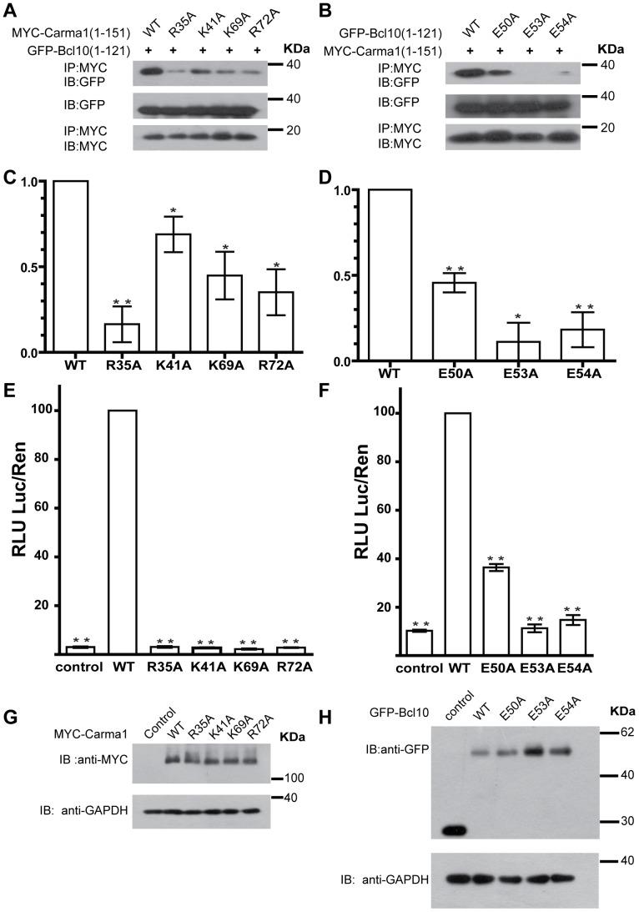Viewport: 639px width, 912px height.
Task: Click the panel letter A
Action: (11, 10)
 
